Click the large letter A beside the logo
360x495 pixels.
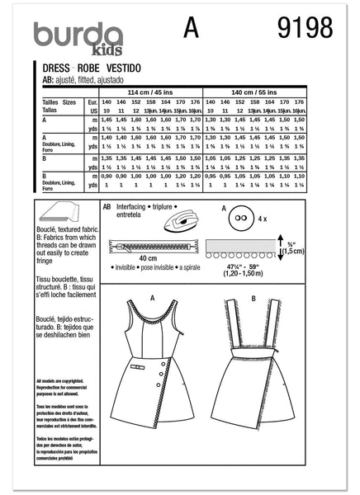tap(195, 31)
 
